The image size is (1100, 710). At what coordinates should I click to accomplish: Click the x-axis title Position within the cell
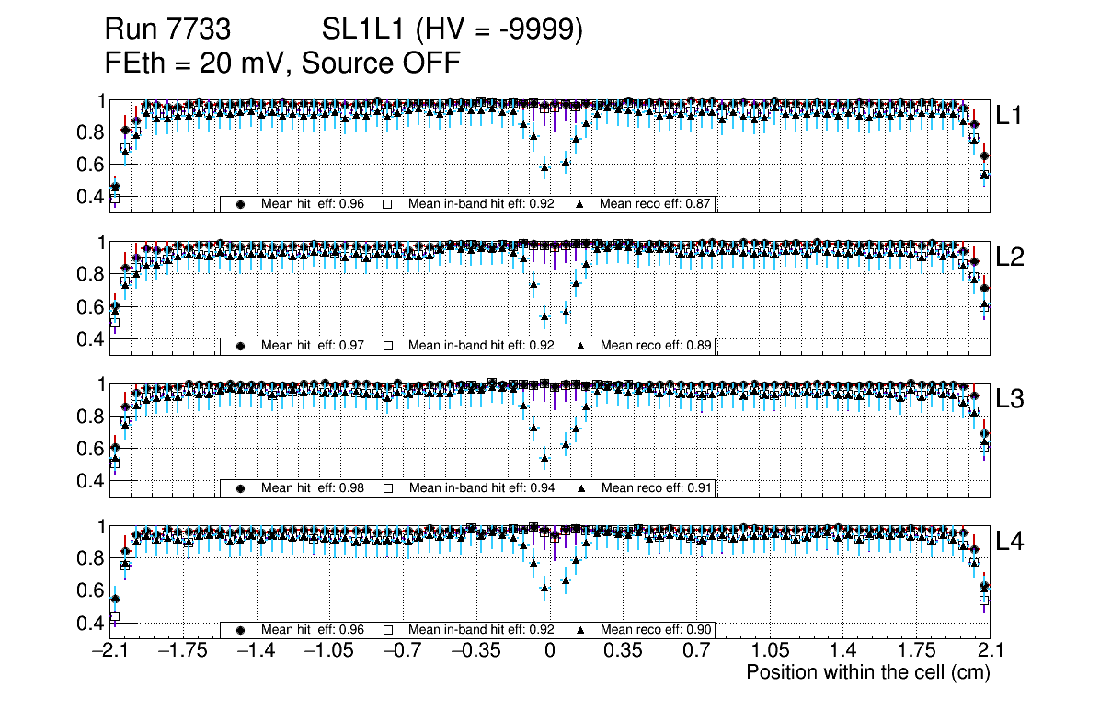click(x=867, y=672)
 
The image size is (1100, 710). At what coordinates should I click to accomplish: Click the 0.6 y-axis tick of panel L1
click(x=92, y=165)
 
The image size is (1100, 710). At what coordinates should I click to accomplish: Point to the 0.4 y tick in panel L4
click(x=92, y=623)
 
